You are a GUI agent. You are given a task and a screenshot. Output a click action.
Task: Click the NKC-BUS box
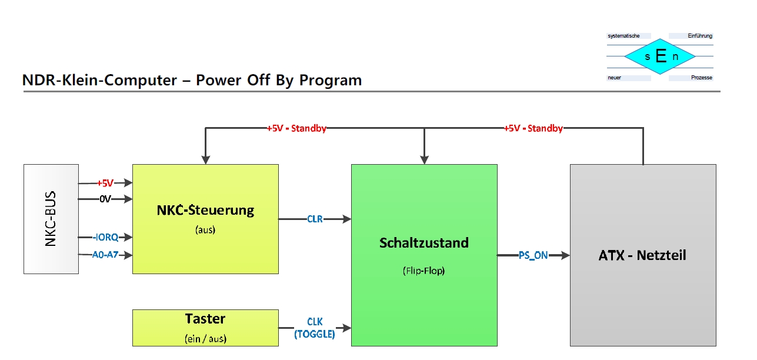coord(51,219)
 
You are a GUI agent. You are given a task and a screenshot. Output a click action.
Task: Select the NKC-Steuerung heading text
coord(205,210)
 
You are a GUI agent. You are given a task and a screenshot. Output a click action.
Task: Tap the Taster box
coord(205,328)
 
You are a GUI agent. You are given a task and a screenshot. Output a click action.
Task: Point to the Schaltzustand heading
coord(424,243)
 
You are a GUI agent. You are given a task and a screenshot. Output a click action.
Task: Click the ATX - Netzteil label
coord(642,255)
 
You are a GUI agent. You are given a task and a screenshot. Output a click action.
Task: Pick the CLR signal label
coord(315,219)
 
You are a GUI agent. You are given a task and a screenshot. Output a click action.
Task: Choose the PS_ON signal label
coord(533,255)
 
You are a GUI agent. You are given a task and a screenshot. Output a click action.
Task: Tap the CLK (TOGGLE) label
coord(315,328)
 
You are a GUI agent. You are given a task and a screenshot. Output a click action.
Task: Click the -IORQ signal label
coord(105,237)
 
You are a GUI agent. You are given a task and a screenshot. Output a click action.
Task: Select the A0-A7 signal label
coord(105,255)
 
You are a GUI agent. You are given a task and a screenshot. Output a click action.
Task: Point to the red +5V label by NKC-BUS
coord(105,183)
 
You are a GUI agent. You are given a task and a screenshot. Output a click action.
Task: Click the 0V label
coord(105,199)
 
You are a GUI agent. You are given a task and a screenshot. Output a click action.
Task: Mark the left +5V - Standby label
coord(296,128)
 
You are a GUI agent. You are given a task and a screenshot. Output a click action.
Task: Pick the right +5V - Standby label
coord(533,128)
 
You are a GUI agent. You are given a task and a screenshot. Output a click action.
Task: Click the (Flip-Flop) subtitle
coord(423,271)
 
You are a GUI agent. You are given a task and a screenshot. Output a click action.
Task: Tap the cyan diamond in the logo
coord(660,56)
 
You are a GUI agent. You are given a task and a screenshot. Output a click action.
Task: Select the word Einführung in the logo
coord(700,36)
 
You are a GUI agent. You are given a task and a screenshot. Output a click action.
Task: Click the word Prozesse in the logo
coord(702,78)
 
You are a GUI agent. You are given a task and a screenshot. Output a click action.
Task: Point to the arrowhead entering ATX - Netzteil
coord(565,255)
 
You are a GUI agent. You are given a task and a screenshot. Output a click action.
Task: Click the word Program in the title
coord(331,81)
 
